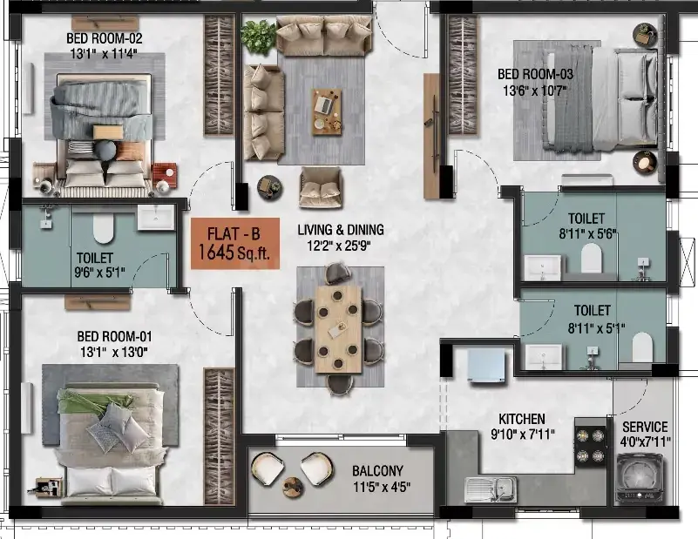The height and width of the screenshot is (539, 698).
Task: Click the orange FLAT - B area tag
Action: [x=235, y=243]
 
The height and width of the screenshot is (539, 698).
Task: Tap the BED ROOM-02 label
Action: [x=105, y=38]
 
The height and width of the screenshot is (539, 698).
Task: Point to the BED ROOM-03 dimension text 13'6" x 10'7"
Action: [x=535, y=91]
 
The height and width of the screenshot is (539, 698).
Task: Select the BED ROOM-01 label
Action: [x=114, y=336]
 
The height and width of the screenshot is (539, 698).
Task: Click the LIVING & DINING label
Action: [x=341, y=230]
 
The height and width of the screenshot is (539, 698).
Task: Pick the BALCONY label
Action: [x=377, y=470]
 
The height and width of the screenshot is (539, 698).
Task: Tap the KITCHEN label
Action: [x=521, y=419]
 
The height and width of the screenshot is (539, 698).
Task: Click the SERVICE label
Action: [x=645, y=427]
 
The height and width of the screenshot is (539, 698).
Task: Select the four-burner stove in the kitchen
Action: [x=590, y=445]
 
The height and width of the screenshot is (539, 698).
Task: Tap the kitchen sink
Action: [x=491, y=489]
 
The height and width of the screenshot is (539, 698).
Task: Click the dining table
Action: [x=338, y=328]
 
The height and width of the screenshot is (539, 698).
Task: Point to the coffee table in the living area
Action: [x=327, y=111]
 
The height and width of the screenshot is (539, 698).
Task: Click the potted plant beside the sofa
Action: [x=259, y=36]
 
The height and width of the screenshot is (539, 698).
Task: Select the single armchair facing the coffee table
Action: [x=321, y=187]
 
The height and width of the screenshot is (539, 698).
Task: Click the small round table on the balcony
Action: [x=293, y=487]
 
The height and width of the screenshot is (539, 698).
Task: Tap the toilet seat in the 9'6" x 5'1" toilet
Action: [x=104, y=230]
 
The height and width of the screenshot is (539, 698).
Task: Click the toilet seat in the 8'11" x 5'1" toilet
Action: [x=642, y=347]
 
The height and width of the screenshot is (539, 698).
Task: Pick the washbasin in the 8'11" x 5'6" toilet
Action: [x=542, y=267]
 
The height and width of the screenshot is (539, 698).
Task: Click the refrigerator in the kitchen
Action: [x=487, y=365]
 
